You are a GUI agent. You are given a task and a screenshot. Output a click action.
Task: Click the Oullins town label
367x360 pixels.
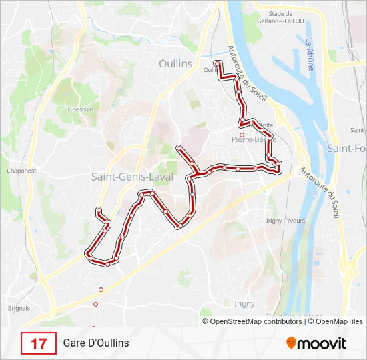(175, 64)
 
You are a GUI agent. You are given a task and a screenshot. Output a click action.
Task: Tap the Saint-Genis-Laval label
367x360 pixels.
(132, 177)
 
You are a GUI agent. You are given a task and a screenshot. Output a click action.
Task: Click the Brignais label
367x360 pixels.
(18, 308)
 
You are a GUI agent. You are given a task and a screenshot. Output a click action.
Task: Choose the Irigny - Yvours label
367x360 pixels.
(285, 221)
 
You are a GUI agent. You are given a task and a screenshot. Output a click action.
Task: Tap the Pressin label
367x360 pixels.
(80, 109)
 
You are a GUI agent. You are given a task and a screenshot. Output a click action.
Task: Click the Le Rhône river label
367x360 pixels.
(310, 55)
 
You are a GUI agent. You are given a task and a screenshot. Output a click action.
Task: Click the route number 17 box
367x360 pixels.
(39, 343)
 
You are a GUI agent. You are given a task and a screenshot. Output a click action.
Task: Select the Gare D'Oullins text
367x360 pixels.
(96, 343)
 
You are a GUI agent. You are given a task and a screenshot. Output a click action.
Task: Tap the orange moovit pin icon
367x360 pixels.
(291, 343)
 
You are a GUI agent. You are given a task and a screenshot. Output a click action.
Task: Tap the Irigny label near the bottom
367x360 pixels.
(244, 303)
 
